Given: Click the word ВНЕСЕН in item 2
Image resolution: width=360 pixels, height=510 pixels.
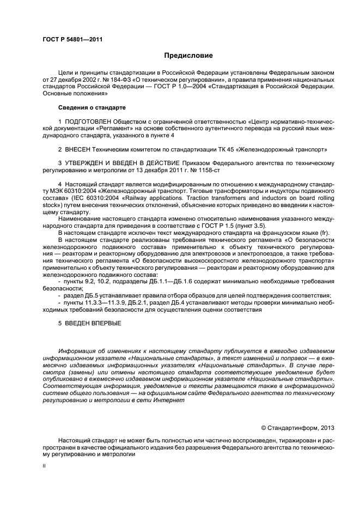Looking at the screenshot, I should point(78,148).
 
